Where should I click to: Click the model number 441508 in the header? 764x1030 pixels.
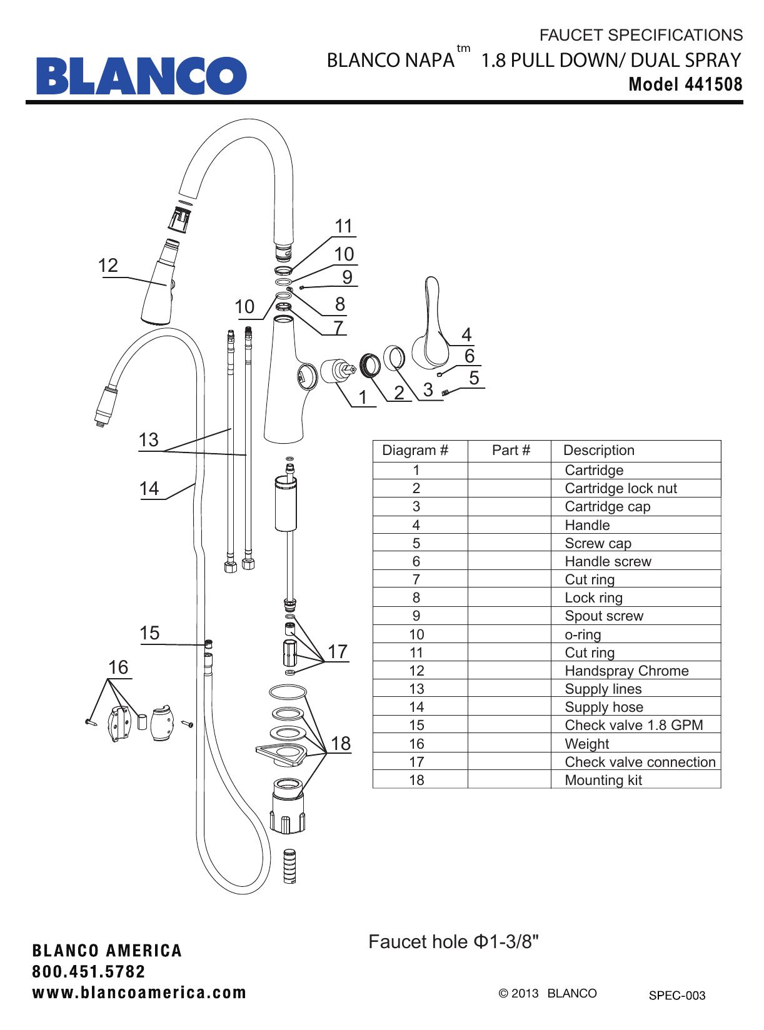[x=713, y=84]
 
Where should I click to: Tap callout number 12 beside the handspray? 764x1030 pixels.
[x=108, y=266]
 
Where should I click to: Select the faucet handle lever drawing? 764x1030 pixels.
[x=430, y=325]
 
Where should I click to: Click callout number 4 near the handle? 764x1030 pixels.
[x=466, y=334]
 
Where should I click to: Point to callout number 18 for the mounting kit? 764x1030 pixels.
[x=341, y=743]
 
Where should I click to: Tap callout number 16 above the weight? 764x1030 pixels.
[x=118, y=667]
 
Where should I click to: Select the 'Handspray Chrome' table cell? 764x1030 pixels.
[x=626, y=671]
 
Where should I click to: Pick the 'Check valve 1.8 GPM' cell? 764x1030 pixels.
[x=633, y=725]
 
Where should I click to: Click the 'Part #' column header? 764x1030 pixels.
[x=511, y=450]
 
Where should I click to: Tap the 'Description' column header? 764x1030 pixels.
[x=598, y=450]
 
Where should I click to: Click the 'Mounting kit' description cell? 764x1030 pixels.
[x=603, y=780]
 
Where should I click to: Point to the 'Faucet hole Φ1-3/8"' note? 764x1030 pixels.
[x=453, y=941]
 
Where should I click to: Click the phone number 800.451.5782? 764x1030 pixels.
[x=89, y=972]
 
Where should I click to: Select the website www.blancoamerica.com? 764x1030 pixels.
[x=139, y=992]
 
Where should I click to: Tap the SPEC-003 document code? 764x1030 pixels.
[x=676, y=996]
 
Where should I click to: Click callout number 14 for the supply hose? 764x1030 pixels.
[x=149, y=489]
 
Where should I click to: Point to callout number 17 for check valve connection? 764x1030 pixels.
[x=338, y=651]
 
